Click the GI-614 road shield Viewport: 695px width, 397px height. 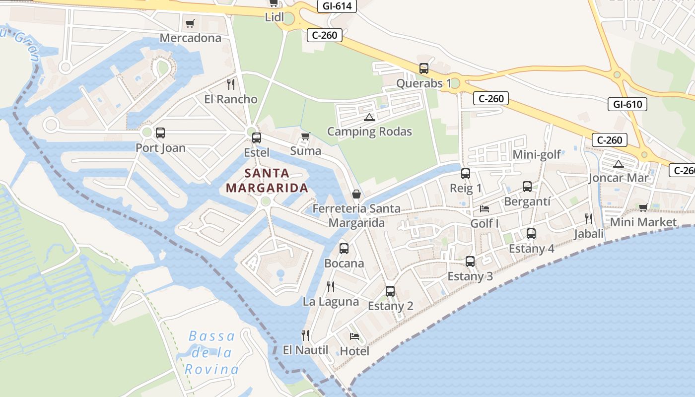point(338,6)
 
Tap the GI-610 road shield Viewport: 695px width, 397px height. point(627,104)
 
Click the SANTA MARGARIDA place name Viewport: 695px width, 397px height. point(267,181)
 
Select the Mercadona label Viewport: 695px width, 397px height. point(190,38)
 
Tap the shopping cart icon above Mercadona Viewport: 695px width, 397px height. point(190,23)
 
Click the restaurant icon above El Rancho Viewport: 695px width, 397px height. point(231,84)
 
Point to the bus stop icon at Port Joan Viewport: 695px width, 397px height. point(160,133)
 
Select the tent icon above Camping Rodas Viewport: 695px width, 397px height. point(368,117)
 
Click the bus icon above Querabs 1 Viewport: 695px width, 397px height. point(423,68)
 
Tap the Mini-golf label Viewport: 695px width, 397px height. point(537,154)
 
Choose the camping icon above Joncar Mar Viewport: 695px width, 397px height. point(618,163)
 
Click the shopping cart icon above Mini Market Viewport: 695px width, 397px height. point(643,207)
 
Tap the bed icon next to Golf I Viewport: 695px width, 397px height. point(484,208)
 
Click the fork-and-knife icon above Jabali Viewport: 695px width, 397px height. point(589,218)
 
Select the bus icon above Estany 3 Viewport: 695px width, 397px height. point(470,261)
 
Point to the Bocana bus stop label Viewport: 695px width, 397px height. point(344,263)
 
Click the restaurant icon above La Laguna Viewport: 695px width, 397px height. point(331,286)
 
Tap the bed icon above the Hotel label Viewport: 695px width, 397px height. point(354,336)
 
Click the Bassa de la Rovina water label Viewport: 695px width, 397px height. point(212,353)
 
